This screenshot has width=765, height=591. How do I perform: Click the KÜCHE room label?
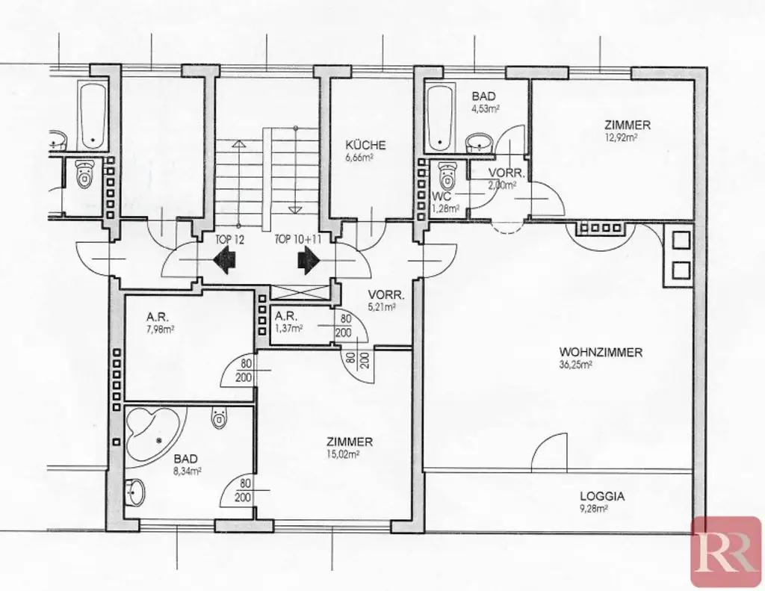pyautogui.click(x=365, y=145)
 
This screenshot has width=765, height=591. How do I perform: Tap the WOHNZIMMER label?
pyautogui.click(x=600, y=353)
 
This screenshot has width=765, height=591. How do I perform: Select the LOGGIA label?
pyautogui.click(x=602, y=495)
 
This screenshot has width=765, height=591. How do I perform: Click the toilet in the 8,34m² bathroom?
pyautogui.click(x=219, y=417)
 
